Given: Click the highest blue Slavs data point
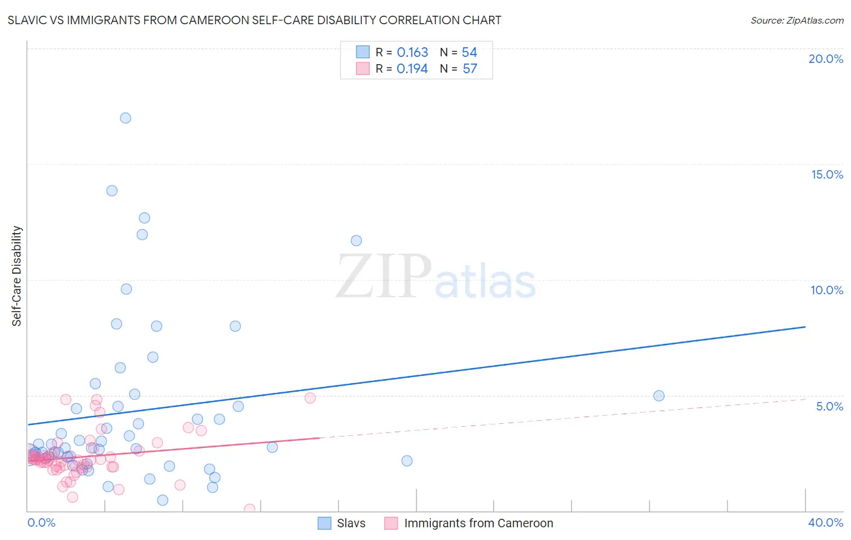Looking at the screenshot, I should pos(125,118).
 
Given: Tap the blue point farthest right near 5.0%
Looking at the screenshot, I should pos(659,396).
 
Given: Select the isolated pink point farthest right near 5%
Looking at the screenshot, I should pos(310,398).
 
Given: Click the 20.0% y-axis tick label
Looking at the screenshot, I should pos(826,59).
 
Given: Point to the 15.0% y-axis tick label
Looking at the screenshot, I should pos(827,174).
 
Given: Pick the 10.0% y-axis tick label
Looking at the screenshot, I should pos(827,290).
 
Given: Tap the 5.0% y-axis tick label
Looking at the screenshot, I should pos(829,406).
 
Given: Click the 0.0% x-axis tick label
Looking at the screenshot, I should pos(41,522).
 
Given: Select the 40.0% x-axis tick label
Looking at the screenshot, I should pos(826,522).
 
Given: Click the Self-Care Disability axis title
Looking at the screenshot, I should pos(17,276).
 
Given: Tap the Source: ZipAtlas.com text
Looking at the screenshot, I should pos(797,21).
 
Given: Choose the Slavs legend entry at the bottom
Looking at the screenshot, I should pos(343,523).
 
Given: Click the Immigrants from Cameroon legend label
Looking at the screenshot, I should pos(478,523).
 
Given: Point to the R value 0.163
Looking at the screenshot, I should pos(412,53).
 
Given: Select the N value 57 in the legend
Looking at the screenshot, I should pos(470,69).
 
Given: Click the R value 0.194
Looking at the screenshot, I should pos(412,69).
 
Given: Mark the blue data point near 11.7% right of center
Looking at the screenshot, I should pos(356,241).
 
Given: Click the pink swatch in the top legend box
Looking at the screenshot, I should pos(363,68).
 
